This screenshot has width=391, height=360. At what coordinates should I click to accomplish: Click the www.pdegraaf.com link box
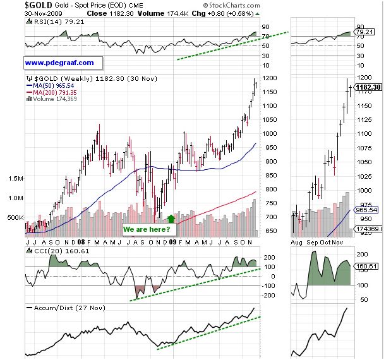pos(60,63)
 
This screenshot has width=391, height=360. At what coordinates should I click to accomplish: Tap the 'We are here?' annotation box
pos(147,229)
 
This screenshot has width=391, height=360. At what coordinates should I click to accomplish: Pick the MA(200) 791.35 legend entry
pos(52,92)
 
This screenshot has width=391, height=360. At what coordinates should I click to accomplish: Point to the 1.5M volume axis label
pos(14,179)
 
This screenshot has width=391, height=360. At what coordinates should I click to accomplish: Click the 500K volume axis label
pos(13,217)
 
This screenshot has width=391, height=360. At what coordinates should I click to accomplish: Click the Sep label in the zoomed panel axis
pos(314,241)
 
